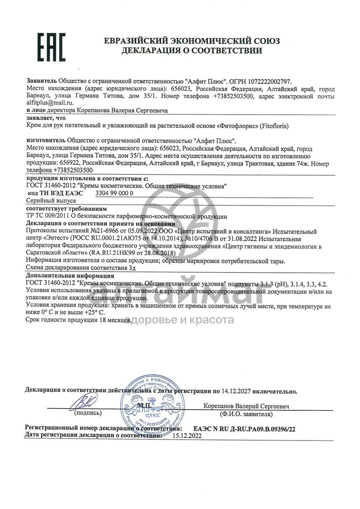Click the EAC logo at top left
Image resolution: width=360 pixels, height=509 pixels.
point(51,46)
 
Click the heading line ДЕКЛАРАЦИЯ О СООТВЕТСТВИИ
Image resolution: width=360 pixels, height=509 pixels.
point(192,51)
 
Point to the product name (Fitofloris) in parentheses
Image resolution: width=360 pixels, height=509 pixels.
point(274,126)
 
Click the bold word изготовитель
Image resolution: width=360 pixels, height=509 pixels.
point(46,141)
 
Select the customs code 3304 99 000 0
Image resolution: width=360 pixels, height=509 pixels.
point(115,193)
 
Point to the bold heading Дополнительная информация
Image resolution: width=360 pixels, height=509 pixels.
point(70,276)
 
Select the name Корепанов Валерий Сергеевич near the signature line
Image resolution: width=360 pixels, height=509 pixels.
point(246,406)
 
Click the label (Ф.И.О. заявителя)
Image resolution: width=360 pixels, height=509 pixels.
point(246,414)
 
